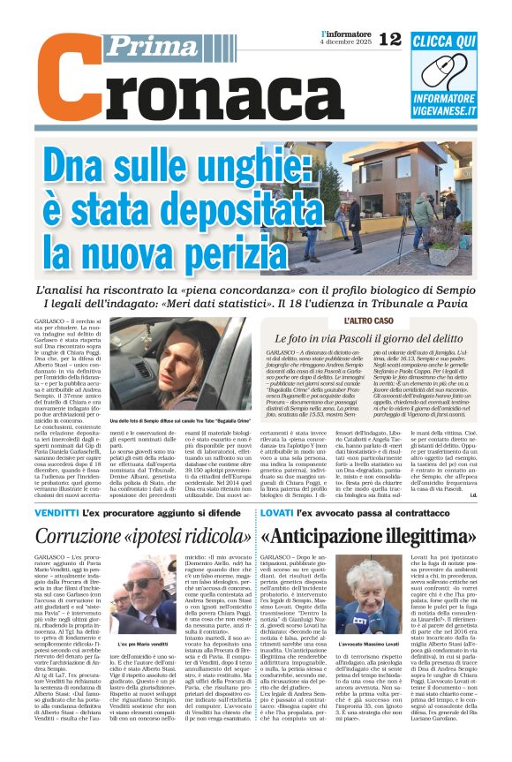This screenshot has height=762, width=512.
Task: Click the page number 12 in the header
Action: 390,38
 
